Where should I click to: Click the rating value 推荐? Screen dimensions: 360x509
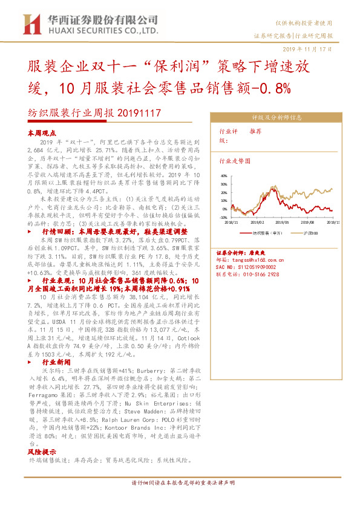tap(255, 131)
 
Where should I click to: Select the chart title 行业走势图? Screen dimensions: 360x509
tap(234, 162)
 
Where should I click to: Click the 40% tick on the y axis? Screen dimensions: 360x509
tap(224, 175)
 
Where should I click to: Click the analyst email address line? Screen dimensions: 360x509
tap(250, 258)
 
